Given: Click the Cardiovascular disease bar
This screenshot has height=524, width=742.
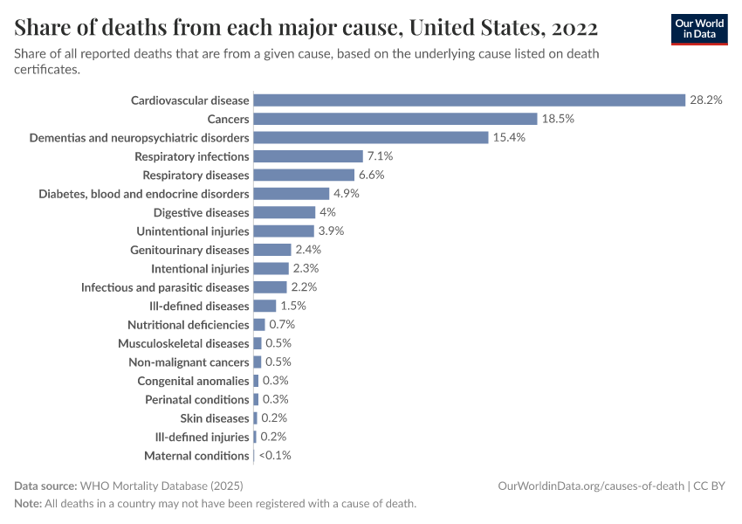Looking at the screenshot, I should (x=469, y=100).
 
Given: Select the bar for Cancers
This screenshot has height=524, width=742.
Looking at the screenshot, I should (x=395, y=119).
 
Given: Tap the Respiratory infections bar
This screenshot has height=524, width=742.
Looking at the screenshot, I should (x=307, y=156).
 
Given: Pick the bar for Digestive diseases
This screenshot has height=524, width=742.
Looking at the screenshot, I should (x=284, y=212).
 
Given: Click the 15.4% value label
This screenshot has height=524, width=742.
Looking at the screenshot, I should (x=509, y=138).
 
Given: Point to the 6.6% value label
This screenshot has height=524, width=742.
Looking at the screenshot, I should (x=371, y=175).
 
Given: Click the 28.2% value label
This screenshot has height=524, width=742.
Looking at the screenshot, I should (x=706, y=100).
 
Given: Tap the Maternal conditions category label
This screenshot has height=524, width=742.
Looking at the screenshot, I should (x=196, y=456).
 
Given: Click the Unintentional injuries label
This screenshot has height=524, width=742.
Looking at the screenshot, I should (x=193, y=231).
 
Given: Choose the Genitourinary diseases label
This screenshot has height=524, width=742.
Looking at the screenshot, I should (x=189, y=250).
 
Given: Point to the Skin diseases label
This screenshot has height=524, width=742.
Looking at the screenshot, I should (x=215, y=418).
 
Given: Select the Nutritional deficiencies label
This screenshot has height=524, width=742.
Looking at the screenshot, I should (x=189, y=325).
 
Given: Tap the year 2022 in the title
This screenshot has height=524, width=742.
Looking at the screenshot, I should (x=574, y=28).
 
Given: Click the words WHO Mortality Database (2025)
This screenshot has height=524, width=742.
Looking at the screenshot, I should (x=161, y=486).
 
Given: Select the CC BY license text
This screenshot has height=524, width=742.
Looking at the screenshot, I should (x=711, y=486).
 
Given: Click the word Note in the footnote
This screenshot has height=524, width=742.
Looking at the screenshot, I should (x=29, y=504).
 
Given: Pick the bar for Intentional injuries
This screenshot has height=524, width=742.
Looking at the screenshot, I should (x=271, y=269).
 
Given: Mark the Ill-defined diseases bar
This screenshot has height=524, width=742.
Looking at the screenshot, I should (x=265, y=306).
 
